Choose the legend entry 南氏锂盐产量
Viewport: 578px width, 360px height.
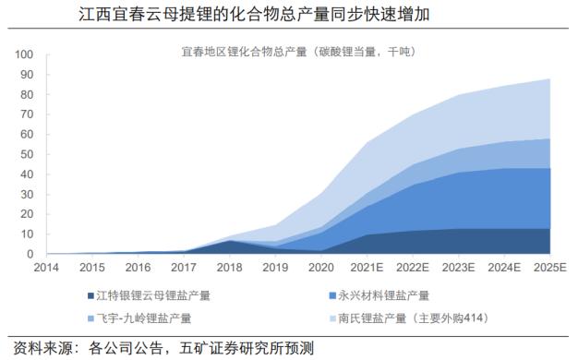point(412,318)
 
